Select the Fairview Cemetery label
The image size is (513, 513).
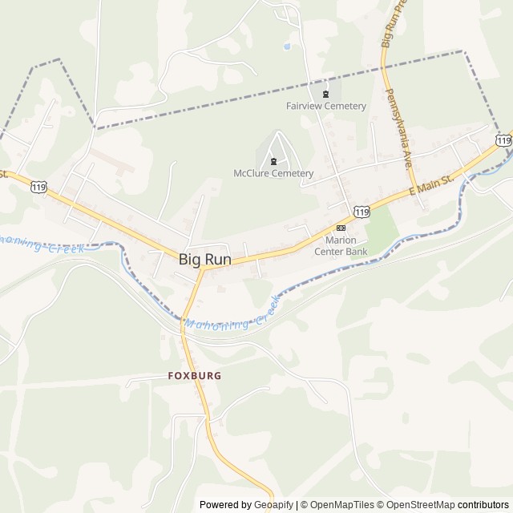pos(326,106)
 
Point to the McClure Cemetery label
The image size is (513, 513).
pos(273,173)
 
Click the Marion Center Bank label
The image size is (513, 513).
pos(346,245)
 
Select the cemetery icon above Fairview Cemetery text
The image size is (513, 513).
pos(325,93)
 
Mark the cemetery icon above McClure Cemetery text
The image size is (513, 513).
pos(274,161)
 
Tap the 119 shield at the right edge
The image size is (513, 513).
pos(503,140)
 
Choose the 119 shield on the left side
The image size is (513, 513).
pos(38,187)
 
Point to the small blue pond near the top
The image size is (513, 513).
pos(286,46)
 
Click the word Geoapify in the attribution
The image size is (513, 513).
pos(272,505)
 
